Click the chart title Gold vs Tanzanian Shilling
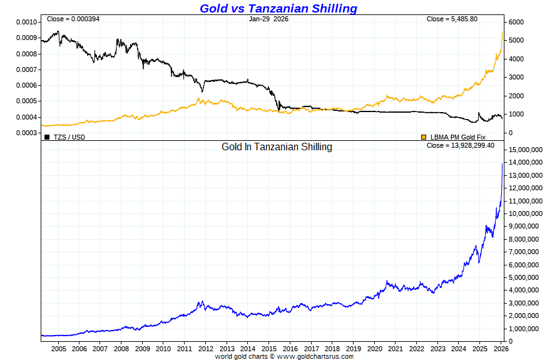(278, 8)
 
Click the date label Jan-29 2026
(268, 19)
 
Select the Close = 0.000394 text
(73, 19)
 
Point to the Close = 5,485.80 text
(452, 19)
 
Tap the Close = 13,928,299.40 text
(460, 145)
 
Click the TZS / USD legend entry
(69, 136)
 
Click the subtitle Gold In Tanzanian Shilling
(277, 147)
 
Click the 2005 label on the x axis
(59, 348)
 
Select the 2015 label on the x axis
(268, 348)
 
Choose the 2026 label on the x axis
(500, 348)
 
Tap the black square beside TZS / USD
(47, 136)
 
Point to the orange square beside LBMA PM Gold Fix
(424, 136)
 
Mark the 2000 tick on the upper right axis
(515, 96)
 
